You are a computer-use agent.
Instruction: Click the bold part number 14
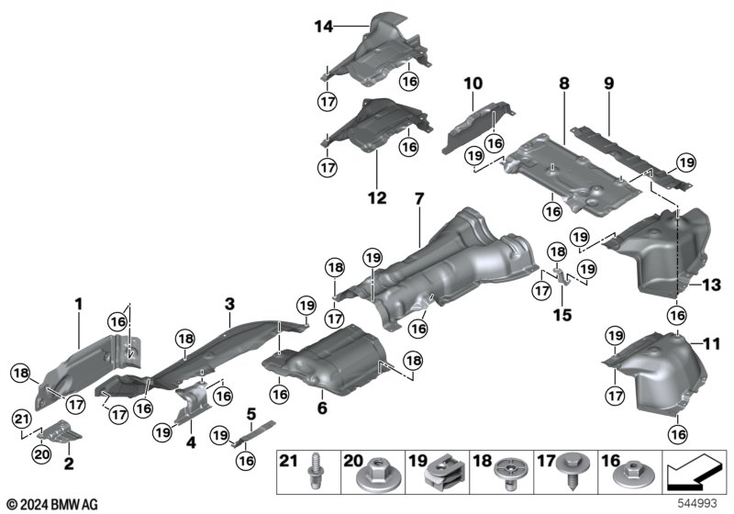coord(324,27)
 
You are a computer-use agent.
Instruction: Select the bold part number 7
coord(419,198)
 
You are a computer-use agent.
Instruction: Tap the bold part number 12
coord(377,198)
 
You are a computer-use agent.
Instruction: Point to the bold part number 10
coord(473,84)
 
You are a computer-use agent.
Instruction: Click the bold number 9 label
coord(608,84)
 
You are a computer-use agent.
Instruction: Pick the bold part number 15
coord(562,315)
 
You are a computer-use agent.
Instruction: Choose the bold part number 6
coord(322,408)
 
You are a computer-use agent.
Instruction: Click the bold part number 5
coord(251,414)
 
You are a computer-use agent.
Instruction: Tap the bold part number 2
coord(68,464)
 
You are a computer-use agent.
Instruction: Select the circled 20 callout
coord(41,453)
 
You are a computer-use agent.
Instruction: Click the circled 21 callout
coord(21,419)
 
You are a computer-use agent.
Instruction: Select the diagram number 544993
coord(697,503)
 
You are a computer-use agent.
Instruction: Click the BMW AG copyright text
coord(53,504)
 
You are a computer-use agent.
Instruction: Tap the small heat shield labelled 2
coord(59,431)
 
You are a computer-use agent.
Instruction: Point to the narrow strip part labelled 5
coord(253,433)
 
